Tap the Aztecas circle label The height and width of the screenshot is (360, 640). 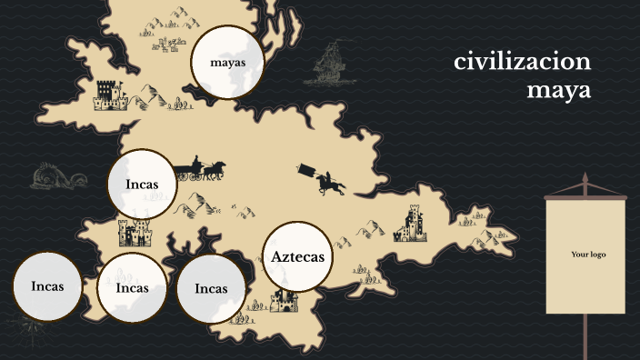pos(297,257)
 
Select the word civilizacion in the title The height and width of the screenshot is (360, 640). pos(523,62)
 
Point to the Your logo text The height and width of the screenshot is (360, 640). pos(587,255)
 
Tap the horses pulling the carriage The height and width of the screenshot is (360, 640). pos(213,170)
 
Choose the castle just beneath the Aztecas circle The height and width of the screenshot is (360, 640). pos(285,301)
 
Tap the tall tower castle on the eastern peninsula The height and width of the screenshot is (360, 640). pos(412,224)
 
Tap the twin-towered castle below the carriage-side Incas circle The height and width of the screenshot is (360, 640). pos(136,233)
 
